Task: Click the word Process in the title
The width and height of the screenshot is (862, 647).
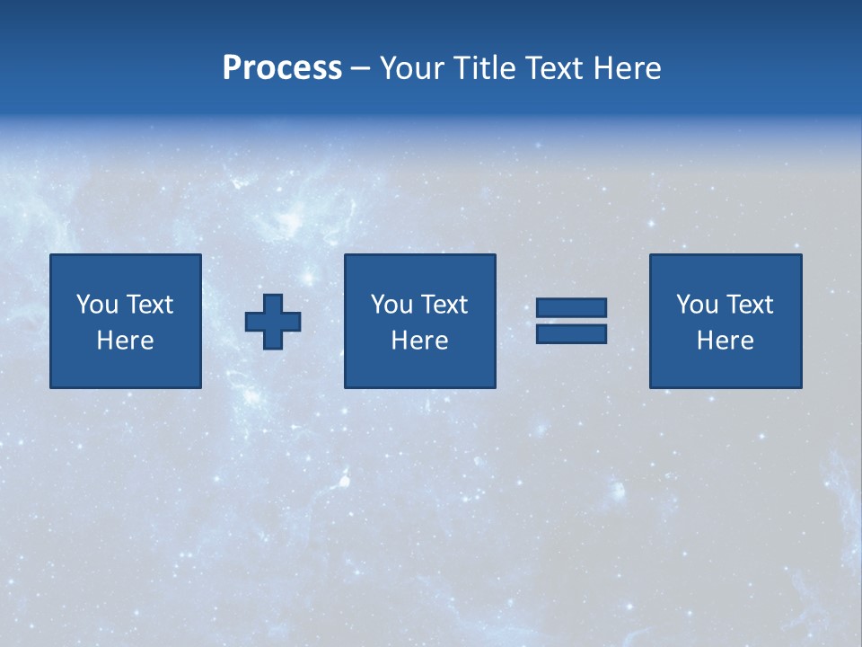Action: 282,68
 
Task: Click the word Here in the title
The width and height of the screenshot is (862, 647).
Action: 628,68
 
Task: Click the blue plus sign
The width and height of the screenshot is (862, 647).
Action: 273,322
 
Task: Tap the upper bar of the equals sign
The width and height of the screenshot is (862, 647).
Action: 571,308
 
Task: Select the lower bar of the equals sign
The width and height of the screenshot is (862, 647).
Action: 571,334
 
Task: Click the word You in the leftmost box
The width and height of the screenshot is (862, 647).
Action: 97,305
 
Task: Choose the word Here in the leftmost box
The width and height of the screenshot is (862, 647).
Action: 125,341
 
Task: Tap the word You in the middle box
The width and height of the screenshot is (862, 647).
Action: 391,305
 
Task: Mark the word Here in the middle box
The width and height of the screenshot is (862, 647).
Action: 419,341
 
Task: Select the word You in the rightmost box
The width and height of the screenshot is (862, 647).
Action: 697,305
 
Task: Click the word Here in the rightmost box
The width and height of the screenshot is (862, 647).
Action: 725,341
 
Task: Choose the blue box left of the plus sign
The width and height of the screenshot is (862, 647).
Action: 125,368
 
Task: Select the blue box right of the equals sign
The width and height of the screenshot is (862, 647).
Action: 725,368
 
